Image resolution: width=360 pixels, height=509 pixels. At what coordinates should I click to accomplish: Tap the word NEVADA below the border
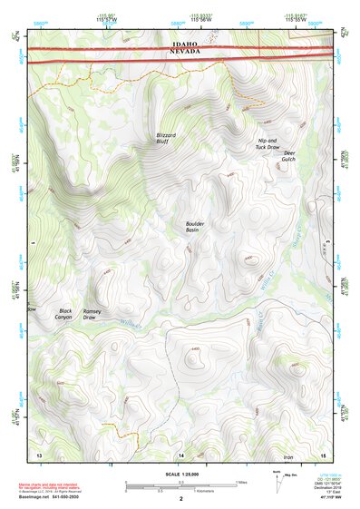[x=181, y=54]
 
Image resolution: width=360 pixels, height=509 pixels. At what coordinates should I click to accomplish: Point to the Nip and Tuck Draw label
[x=268, y=143]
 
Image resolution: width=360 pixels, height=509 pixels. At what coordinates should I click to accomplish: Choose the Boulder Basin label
[x=198, y=227]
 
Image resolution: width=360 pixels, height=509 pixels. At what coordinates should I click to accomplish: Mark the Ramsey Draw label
[x=94, y=314]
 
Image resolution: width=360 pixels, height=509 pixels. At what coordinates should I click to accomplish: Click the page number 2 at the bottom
[x=181, y=499]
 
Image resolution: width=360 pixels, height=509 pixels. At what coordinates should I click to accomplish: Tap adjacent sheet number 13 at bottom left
[x=39, y=453]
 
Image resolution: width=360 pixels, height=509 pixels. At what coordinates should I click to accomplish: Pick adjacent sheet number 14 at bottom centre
[x=180, y=453]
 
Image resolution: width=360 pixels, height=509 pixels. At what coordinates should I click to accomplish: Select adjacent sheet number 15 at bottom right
[x=322, y=453]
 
